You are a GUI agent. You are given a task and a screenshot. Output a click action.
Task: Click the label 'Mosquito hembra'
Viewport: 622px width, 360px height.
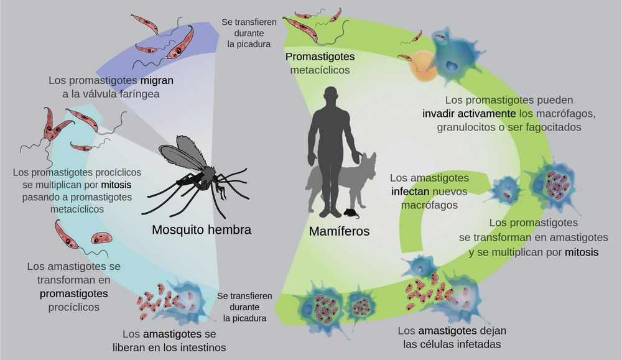pos(202,230)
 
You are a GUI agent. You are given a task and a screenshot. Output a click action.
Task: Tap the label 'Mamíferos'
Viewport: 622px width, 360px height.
pos(339,231)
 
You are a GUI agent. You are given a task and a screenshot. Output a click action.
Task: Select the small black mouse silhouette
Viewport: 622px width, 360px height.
pos(352,214)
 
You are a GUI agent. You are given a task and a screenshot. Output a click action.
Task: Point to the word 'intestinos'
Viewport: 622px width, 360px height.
pos(201,347)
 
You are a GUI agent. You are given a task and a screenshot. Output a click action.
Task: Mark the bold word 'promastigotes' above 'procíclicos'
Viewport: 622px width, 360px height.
pos(74,293)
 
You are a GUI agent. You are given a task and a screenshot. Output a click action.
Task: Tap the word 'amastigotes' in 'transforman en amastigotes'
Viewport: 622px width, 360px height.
pos(575,238)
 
